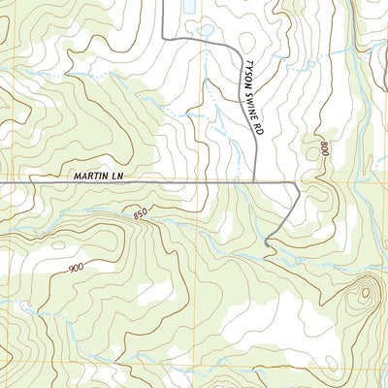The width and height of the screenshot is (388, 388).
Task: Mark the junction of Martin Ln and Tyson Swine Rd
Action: click(254, 181)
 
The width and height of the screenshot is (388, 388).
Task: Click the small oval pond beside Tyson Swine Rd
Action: click(206, 30)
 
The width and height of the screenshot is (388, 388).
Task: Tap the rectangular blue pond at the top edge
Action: click(187, 5)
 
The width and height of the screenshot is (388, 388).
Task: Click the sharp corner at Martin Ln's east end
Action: click(297, 182)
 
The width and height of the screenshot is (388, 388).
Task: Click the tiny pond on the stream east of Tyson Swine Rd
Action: click(308, 64)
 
